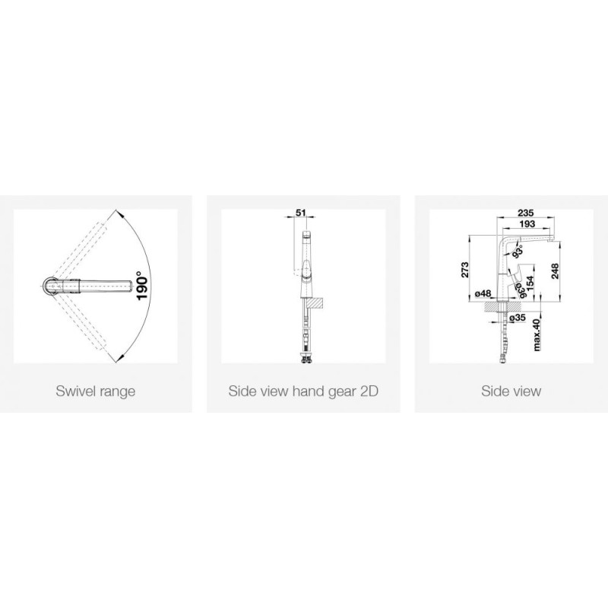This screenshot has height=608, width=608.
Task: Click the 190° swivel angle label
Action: tap(142, 286)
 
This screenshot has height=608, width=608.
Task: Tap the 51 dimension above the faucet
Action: tap(301, 213)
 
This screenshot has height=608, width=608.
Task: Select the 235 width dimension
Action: tap(526, 213)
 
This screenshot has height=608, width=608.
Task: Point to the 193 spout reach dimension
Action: tap(527, 223)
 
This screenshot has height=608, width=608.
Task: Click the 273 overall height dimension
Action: tap(465, 270)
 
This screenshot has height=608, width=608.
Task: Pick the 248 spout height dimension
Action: tap(555, 271)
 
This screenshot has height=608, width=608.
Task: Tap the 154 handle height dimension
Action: tap(530, 283)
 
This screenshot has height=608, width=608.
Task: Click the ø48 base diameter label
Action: tap(483, 293)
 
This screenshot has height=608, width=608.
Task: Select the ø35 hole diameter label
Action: tap(518, 318)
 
